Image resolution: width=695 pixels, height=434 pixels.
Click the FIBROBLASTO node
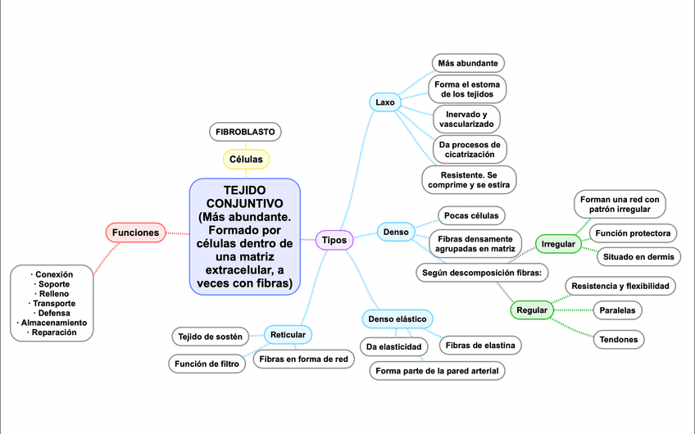pos(246,132)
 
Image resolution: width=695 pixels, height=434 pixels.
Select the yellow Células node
pos(246,159)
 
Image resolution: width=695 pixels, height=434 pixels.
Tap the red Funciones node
pos(135,233)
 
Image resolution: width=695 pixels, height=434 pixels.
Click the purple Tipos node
pos(334,240)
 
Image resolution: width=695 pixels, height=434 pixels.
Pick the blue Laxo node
pos(385,102)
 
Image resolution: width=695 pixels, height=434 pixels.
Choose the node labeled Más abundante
pos(467,63)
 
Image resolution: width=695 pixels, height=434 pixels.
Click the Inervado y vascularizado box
pos(466,119)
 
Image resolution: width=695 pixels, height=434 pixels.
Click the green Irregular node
pos(558,244)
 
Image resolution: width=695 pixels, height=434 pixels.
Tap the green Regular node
pos(532,311)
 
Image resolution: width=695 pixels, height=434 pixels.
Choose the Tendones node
pos(619,339)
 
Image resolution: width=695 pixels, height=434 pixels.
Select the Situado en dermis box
pos(638,257)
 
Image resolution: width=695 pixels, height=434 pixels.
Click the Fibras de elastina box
pos(480,346)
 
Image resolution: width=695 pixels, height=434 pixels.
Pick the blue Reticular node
pos(288,334)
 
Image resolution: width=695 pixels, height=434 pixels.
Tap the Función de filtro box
pos(207,363)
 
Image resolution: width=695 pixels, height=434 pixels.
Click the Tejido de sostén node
pos(210,336)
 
